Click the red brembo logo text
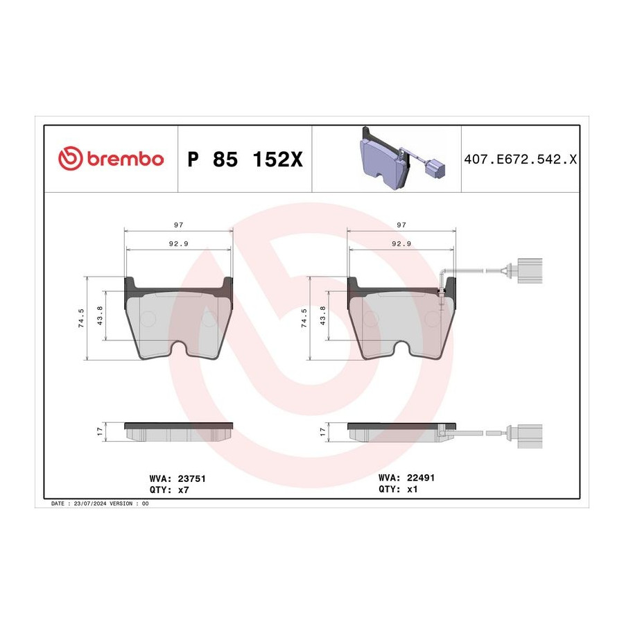click(x=125, y=159)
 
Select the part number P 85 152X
click(x=245, y=159)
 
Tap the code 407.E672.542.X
click(x=520, y=159)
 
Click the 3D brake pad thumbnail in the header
click(x=402, y=159)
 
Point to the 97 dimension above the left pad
click(x=179, y=225)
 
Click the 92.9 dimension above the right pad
click(x=401, y=243)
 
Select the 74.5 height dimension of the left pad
click(x=81, y=318)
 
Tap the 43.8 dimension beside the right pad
click(x=322, y=315)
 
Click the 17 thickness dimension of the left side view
click(x=99, y=432)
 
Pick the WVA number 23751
click(x=191, y=478)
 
